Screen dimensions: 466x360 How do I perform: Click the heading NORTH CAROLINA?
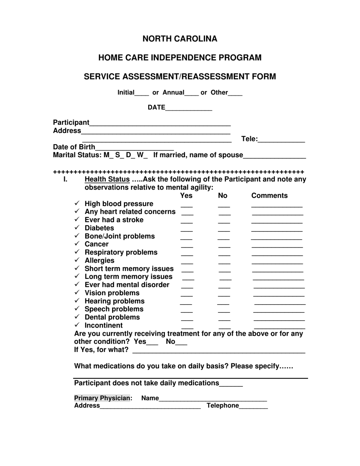(x=180, y=39)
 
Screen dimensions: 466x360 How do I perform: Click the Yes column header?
(x=186, y=195)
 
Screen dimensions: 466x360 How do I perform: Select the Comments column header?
(x=269, y=195)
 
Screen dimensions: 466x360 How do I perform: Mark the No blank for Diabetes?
(x=224, y=230)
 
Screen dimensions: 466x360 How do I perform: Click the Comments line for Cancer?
(x=277, y=246)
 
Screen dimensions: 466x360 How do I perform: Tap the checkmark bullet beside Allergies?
(x=77, y=260)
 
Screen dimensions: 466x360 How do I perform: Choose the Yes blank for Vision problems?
(x=186, y=295)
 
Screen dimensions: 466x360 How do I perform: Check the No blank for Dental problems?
(x=224, y=319)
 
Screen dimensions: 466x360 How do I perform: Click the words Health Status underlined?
(x=107, y=179)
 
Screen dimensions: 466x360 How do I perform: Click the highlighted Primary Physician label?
(x=102, y=398)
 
